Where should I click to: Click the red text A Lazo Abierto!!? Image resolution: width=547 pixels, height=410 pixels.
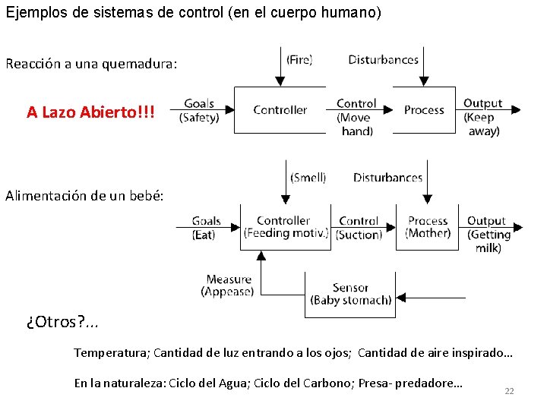pyautogui.click(x=90, y=112)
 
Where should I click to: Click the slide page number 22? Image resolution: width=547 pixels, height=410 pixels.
pyautogui.click(x=509, y=391)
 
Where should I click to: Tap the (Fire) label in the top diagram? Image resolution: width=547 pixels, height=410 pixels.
pyautogui.click(x=299, y=59)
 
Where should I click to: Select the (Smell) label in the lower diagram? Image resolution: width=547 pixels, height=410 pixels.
pyautogui.click(x=308, y=178)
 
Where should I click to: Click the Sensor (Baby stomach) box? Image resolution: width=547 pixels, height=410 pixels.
pyautogui.click(x=350, y=294)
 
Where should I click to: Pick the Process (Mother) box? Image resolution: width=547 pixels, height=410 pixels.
pyautogui.click(x=428, y=227)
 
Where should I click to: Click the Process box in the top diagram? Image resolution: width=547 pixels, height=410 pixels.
pyautogui.click(x=424, y=110)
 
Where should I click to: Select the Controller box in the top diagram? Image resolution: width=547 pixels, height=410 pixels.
pyautogui.click(x=280, y=110)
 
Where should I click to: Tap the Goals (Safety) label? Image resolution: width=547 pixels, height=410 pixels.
pyautogui.click(x=199, y=111)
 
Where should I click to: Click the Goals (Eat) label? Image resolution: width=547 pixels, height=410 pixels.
pyautogui.click(x=206, y=228)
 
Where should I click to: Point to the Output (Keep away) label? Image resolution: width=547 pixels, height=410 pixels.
pyautogui.click(x=483, y=117)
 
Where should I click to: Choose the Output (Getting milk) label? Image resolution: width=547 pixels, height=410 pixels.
pyautogui.click(x=489, y=234)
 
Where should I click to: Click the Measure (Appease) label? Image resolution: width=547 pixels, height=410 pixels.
pyautogui.click(x=228, y=285)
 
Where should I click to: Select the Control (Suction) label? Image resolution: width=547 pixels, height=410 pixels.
pyautogui.click(x=359, y=228)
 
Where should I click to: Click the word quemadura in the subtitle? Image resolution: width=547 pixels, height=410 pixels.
pyautogui.click(x=141, y=64)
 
